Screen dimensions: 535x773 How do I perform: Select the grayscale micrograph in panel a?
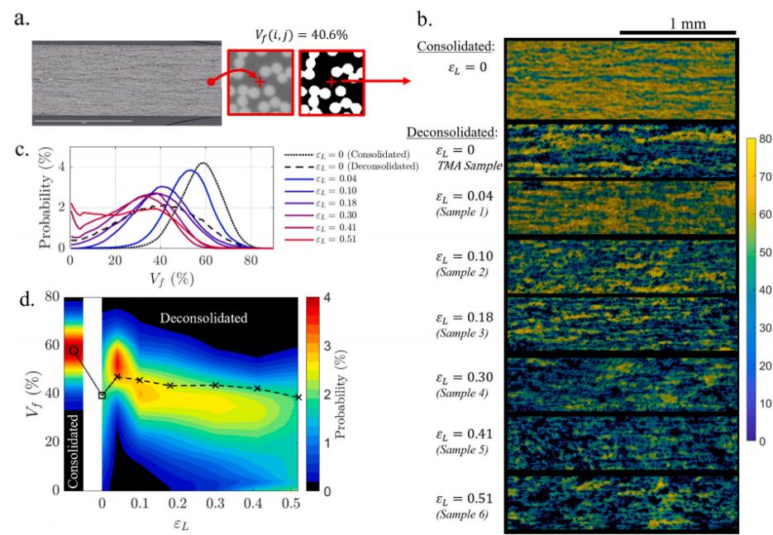click(x=126, y=84)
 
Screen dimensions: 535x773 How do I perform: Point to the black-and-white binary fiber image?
click(x=331, y=83)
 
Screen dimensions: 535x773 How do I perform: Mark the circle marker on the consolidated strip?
click(x=74, y=351)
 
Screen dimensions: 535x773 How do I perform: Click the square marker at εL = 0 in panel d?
click(x=103, y=395)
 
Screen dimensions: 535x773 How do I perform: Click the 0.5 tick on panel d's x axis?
click(x=291, y=503)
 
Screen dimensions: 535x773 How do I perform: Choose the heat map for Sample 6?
click(x=619, y=502)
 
